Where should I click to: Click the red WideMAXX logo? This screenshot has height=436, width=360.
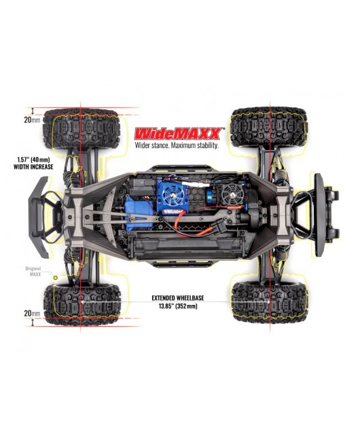tap(179, 134)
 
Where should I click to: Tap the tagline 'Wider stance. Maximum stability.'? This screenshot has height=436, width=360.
tap(177, 145)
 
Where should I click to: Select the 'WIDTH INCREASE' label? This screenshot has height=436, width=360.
tap(33, 167)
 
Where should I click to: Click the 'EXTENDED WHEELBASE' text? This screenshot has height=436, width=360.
tap(178, 298)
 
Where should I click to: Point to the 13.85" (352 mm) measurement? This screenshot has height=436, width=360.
tap(178, 306)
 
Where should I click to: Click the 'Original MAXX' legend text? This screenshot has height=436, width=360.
tap(33, 271)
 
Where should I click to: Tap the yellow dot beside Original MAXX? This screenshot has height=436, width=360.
tap(55, 278)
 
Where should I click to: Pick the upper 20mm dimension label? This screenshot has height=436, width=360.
tap(33, 120)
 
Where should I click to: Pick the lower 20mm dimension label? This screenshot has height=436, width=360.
tap(33, 313)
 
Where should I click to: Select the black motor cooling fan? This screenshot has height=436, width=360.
tap(232, 192)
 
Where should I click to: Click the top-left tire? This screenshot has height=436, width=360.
tap(82, 129)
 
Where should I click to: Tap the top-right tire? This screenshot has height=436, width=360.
tap(269, 127)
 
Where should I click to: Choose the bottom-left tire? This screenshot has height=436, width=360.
tap(82, 304)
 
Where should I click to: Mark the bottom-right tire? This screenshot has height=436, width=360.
tap(270, 302)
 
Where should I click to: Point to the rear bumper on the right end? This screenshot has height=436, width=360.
tap(320, 215)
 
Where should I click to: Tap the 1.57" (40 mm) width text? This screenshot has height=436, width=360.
tap(33, 160)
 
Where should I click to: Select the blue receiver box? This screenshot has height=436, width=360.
tap(139, 213)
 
